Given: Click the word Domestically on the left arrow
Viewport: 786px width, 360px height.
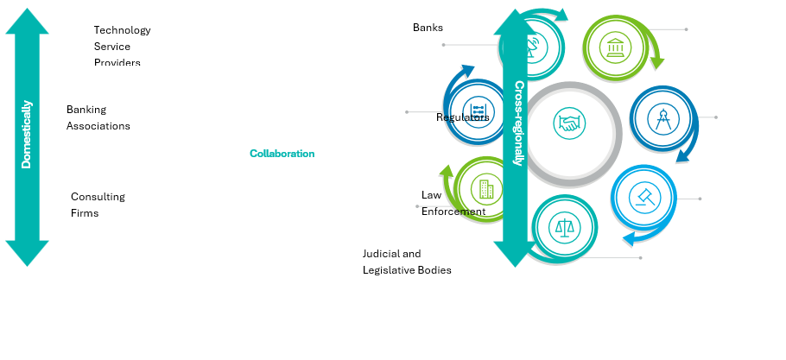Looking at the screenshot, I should coord(27,134).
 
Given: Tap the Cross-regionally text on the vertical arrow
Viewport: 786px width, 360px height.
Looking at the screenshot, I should coord(519,123).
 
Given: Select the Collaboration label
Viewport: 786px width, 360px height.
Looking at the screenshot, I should coord(282,154).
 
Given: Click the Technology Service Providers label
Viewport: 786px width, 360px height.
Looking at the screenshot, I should coord(122,46).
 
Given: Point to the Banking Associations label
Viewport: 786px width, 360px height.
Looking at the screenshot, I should coord(98,117).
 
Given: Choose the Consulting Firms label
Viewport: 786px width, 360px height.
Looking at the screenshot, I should coord(98,205).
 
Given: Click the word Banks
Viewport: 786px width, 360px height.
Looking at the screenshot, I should coord(428,28).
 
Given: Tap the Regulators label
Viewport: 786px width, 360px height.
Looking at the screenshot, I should coord(462,117).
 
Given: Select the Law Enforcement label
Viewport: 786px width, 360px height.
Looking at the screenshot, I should coord(453,203).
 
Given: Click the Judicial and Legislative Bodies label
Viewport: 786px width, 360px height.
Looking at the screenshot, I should coord(406,262).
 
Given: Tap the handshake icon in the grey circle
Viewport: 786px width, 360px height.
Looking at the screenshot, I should coord(568,123).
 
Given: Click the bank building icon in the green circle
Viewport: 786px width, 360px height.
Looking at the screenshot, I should coord(616,45).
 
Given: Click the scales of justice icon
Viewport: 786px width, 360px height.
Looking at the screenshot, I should coord(565,227).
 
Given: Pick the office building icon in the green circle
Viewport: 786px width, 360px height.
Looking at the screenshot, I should coord(485,187).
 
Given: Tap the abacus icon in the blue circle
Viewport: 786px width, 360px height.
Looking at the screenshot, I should coord(477,112).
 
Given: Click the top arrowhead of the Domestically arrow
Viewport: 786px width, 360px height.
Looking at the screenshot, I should coord(27,21).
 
